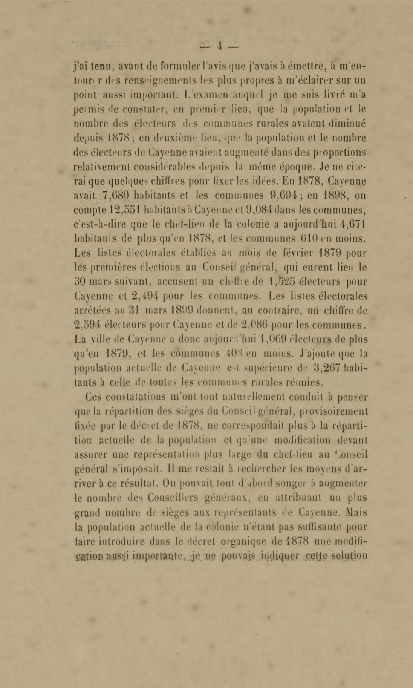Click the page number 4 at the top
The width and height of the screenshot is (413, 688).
(220, 46)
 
